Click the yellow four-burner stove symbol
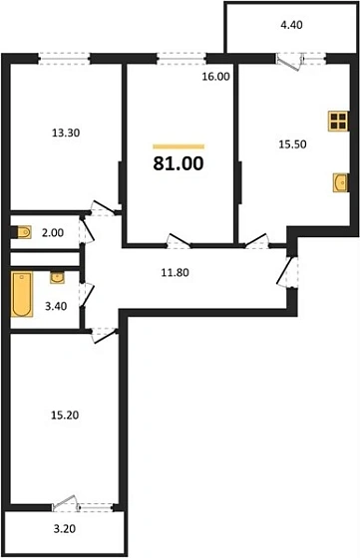coord(338,123)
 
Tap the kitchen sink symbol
coord(339,182)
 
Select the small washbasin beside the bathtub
coord(56,276)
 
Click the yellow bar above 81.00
coord(180,145)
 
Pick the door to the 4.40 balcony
coord(292,59)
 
